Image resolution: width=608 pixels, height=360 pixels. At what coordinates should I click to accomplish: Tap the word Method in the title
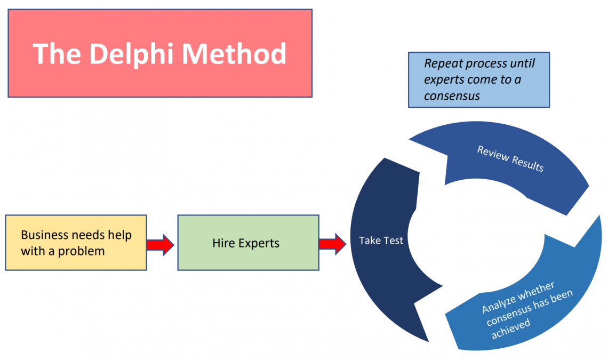(x=231, y=54)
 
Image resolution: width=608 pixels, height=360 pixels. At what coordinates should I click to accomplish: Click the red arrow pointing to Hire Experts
(x=160, y=245)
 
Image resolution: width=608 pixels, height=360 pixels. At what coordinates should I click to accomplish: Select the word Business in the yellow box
(x=45, y=235)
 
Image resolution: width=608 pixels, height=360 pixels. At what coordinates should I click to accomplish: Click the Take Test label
(x=381, y=241)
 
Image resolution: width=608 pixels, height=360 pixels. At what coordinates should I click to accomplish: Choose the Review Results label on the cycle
(x=510, y=158)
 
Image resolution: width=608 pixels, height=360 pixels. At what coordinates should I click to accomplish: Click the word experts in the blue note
(x=444, y=80)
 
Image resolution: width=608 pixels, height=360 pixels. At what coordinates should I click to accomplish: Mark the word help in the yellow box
(x=119, y=235)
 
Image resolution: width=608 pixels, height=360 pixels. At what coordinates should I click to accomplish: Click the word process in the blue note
(x=486, y=64)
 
